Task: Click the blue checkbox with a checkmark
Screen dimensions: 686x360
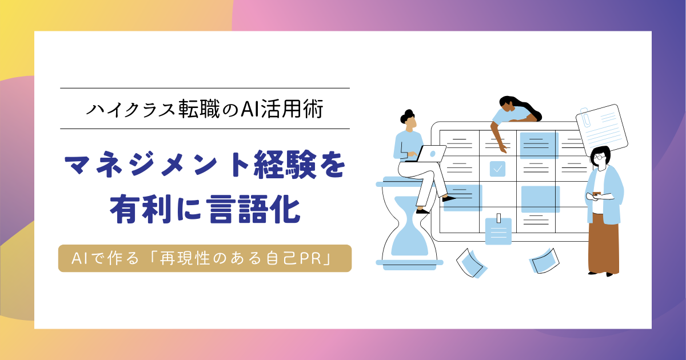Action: (498, 169)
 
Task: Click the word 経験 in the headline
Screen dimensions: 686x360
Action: (285, 165)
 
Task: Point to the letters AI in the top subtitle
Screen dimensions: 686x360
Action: (250, 109)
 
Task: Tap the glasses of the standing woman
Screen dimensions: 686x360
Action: (599, 157)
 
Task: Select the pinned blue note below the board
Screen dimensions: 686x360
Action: (498, 230)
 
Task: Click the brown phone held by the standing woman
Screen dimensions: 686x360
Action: (597, 194)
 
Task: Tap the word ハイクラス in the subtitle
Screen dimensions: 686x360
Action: (130, 109)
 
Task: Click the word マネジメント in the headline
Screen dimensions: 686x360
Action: (157, 165)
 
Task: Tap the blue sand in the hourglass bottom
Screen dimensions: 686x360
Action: (410, 241)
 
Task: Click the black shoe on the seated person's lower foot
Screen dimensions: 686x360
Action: (422, 211)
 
